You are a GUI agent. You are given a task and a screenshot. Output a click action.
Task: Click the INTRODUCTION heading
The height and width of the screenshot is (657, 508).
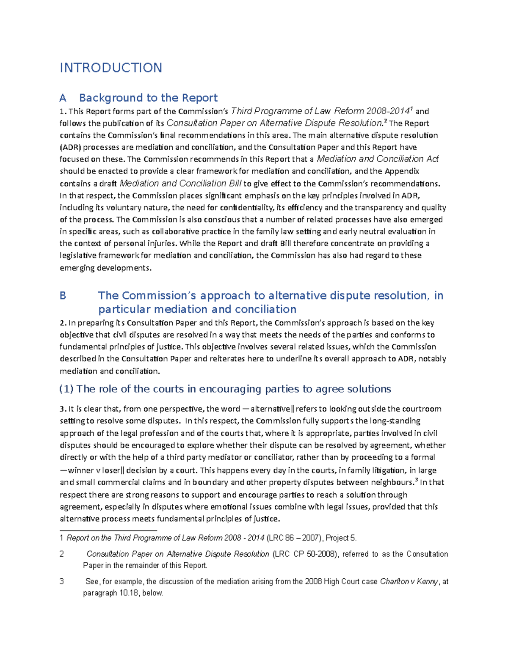tap(111, 68)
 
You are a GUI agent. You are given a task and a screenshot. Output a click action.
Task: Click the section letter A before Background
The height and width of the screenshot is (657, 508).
tap(63, 98)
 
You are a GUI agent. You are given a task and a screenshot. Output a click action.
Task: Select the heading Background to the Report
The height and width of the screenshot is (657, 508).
tap(148, 98)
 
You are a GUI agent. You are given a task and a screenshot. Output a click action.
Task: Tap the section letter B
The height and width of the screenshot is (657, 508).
tap(63, 296)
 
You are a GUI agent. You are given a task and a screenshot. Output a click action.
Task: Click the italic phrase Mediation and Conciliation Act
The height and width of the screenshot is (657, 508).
tap(377, 159)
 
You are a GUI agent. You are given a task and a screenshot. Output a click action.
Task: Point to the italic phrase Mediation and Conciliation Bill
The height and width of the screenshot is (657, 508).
tap(181, 184)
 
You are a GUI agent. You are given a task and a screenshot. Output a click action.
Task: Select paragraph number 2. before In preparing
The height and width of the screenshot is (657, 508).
tap(63, 323)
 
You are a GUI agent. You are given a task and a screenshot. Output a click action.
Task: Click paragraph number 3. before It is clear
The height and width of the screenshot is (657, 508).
tap(63, 409)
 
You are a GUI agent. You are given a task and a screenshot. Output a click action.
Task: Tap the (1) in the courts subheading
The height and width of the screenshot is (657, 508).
tap(66, 389)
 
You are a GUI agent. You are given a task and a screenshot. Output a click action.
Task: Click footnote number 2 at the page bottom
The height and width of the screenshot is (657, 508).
tap(62, 554)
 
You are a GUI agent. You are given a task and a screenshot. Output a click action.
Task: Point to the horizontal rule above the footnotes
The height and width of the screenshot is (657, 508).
tap(108, 530)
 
